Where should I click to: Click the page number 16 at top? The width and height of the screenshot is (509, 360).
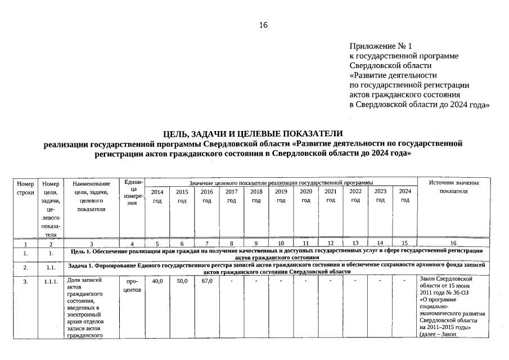click(263, 25)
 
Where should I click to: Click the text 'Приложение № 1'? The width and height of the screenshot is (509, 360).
click(381, 46)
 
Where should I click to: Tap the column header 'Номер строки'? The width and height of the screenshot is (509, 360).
click(26, 188)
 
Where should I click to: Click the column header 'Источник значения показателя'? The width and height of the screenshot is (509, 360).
click(453, 187)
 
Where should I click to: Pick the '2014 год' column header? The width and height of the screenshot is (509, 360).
click(157, 196)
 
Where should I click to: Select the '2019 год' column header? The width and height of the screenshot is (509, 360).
click(281, 196)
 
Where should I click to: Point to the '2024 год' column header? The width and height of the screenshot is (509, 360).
click(405, 196)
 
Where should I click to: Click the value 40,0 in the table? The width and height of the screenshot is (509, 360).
click(157, 280)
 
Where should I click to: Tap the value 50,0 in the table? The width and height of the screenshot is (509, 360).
click(182, 280)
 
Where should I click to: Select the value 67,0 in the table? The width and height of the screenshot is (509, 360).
click(206, 280)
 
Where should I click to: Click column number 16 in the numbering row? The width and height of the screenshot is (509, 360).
click(453, 244)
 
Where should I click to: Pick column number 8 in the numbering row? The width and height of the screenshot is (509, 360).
click(231, 244)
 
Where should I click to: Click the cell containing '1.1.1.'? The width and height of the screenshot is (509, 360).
click(51, 281)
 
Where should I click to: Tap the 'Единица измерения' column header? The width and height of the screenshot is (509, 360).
click(132, 193)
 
